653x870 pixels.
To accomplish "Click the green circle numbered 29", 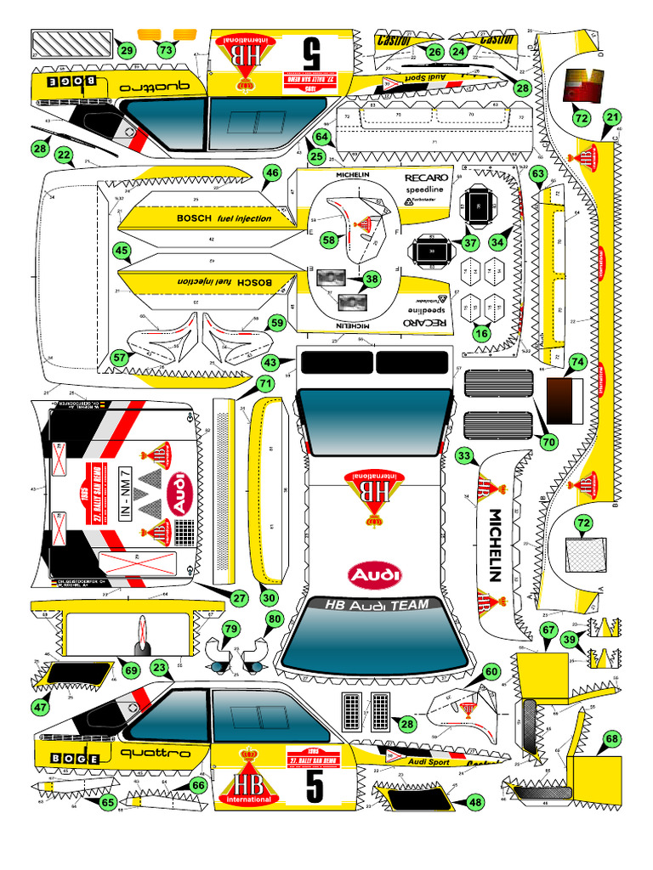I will pyautogui.click(x=127, y=51).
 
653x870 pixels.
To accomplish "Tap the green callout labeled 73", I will pyautogui.click(x=166, y=50).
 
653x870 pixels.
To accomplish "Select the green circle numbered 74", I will pyautogui.click(x=577, y=362).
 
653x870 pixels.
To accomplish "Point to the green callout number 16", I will pyautogui.click(x=481, y=333).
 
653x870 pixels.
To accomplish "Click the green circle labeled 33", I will pyautogui.click(x=464, y=456).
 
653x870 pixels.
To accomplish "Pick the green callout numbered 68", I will pyautogui.click(x=612, y=739).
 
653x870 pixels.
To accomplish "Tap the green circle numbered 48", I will pyautogui.click(x=474, y=802).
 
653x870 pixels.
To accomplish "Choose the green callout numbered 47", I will pyautogui.click(x=41, y=706).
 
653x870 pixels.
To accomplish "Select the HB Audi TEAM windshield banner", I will pyautogui.click(x=373, y=605).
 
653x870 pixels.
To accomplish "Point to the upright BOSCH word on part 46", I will pyautogui.click(x=195, y=218).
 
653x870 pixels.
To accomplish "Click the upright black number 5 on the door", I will pyautogui.click(x=315, y=787).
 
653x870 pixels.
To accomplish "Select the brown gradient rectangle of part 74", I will pyautogui.click(x=560, y=400).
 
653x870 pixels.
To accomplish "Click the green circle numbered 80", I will pyautogui.click(x=273, y=619).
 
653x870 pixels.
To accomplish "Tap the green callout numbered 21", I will pyautogui.click(x=612, y=117).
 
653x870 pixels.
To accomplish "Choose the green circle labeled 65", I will pyautogui.click(x=107, y=802).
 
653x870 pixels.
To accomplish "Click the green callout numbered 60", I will pyautogui.click(x=491, y=671).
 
